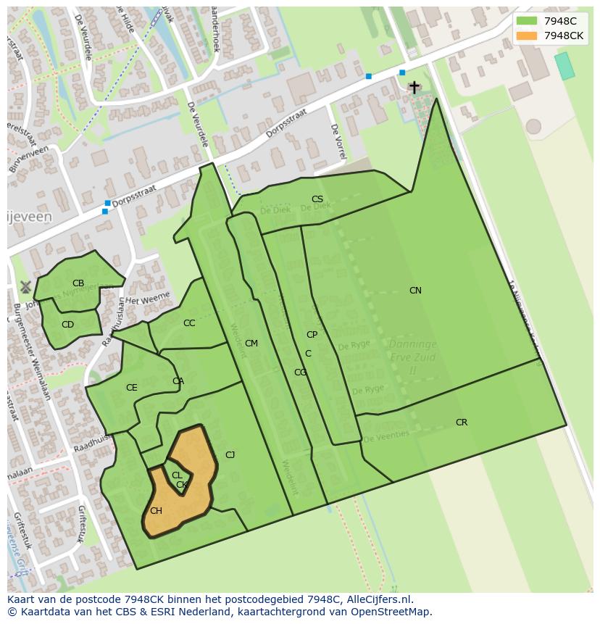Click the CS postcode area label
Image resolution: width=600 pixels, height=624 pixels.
tap(317, 199)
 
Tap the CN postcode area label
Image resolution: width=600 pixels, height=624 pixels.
tap(415, 291)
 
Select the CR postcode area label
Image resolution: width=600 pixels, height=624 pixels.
tap(462, 423)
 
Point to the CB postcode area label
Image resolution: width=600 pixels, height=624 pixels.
tap(78, 283)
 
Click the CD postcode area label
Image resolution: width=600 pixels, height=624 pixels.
tap(67, 325)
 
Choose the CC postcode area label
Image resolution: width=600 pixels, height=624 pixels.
tap(189, 323)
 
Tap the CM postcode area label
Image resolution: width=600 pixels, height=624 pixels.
tap(251, 344)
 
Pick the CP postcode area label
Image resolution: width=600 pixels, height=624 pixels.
tap(312, 335)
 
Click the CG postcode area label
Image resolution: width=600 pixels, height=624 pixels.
tap(300, 373)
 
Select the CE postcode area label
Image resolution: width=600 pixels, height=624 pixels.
tap(131, 388)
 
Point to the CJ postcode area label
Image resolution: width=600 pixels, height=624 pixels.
tap(230, 455)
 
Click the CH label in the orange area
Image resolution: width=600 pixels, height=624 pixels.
tap(156, 511)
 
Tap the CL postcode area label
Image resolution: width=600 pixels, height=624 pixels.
tap(177, 475)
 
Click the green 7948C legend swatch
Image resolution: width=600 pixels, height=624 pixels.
tap(527, 21)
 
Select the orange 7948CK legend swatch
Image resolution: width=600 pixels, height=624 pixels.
tap(527, 36)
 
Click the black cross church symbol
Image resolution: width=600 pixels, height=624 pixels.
tap(414, 88)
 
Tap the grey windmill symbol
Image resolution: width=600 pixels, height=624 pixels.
tap(25, 288)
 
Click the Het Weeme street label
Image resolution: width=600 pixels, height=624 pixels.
tap(148, 298)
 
